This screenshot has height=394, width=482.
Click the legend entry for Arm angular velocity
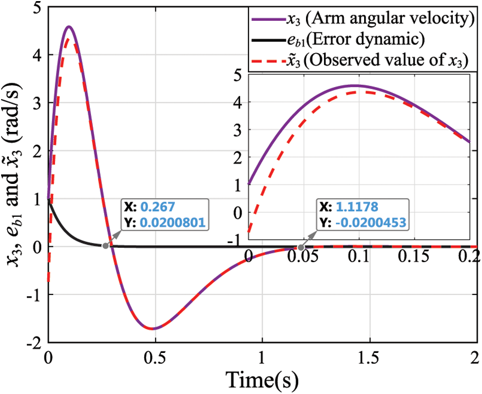(362, 20)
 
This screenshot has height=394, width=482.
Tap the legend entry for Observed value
(362, 61)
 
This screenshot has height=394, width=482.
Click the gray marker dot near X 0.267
(105, 246)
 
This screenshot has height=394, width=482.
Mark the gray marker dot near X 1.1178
(301, 247)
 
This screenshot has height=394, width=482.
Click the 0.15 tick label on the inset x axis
(415, 256)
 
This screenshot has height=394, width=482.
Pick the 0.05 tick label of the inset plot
(304, 256)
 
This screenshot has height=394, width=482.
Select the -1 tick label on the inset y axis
(237, 239)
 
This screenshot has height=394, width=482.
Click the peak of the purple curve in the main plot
(68, 26)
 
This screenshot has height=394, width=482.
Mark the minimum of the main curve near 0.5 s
(153, 328)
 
